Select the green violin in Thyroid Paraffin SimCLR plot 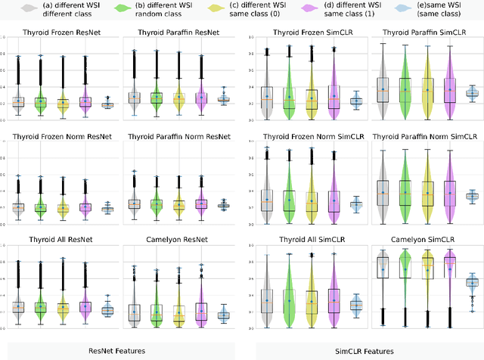point(405,88)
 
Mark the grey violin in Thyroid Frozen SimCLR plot point(266,89)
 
